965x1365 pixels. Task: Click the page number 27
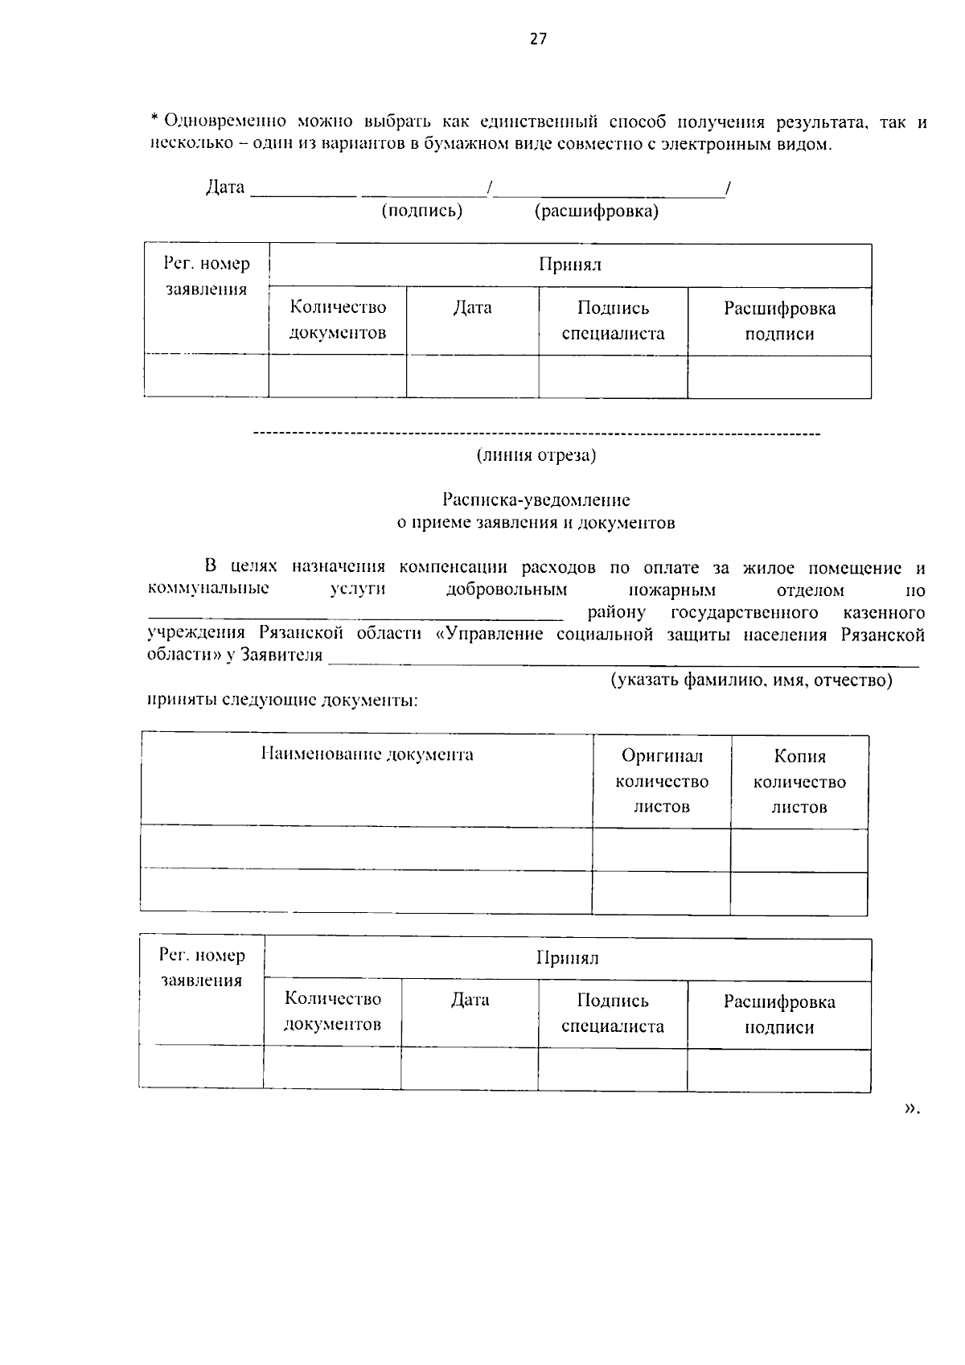click(x=538, y=39)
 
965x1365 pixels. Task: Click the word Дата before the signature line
click(x=225, y=187)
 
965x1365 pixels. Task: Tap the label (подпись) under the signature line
click(x=422, y=211)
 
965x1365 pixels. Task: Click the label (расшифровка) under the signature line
click(x=596, y=211)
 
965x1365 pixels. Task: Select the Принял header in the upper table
click(x=570, y=265)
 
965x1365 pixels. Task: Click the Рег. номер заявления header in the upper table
click(x=207, y=276)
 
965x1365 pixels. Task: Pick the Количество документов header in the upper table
click(x=338, y=320)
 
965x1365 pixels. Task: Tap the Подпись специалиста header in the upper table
click(x=613, y=321)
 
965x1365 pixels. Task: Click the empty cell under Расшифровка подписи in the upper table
click(x=779, y=376)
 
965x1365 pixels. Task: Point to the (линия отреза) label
click(x=536, y=455)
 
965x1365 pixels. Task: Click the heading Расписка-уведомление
click(x=536, y=500)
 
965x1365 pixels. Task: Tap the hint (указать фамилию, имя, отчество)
click(x=751, y=680)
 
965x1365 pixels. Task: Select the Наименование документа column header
click(x=368, y=754)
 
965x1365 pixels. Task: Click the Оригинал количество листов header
click(x=662, y=781)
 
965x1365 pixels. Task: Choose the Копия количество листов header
click(x=799, y=781)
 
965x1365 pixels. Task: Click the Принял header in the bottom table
click(x=567, y=958)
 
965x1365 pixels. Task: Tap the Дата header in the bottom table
click(x=470, y=1000)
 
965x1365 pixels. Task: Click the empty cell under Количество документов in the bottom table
click(x=332, y=1068)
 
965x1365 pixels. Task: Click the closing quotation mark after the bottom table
click(x=910, y=1109)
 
